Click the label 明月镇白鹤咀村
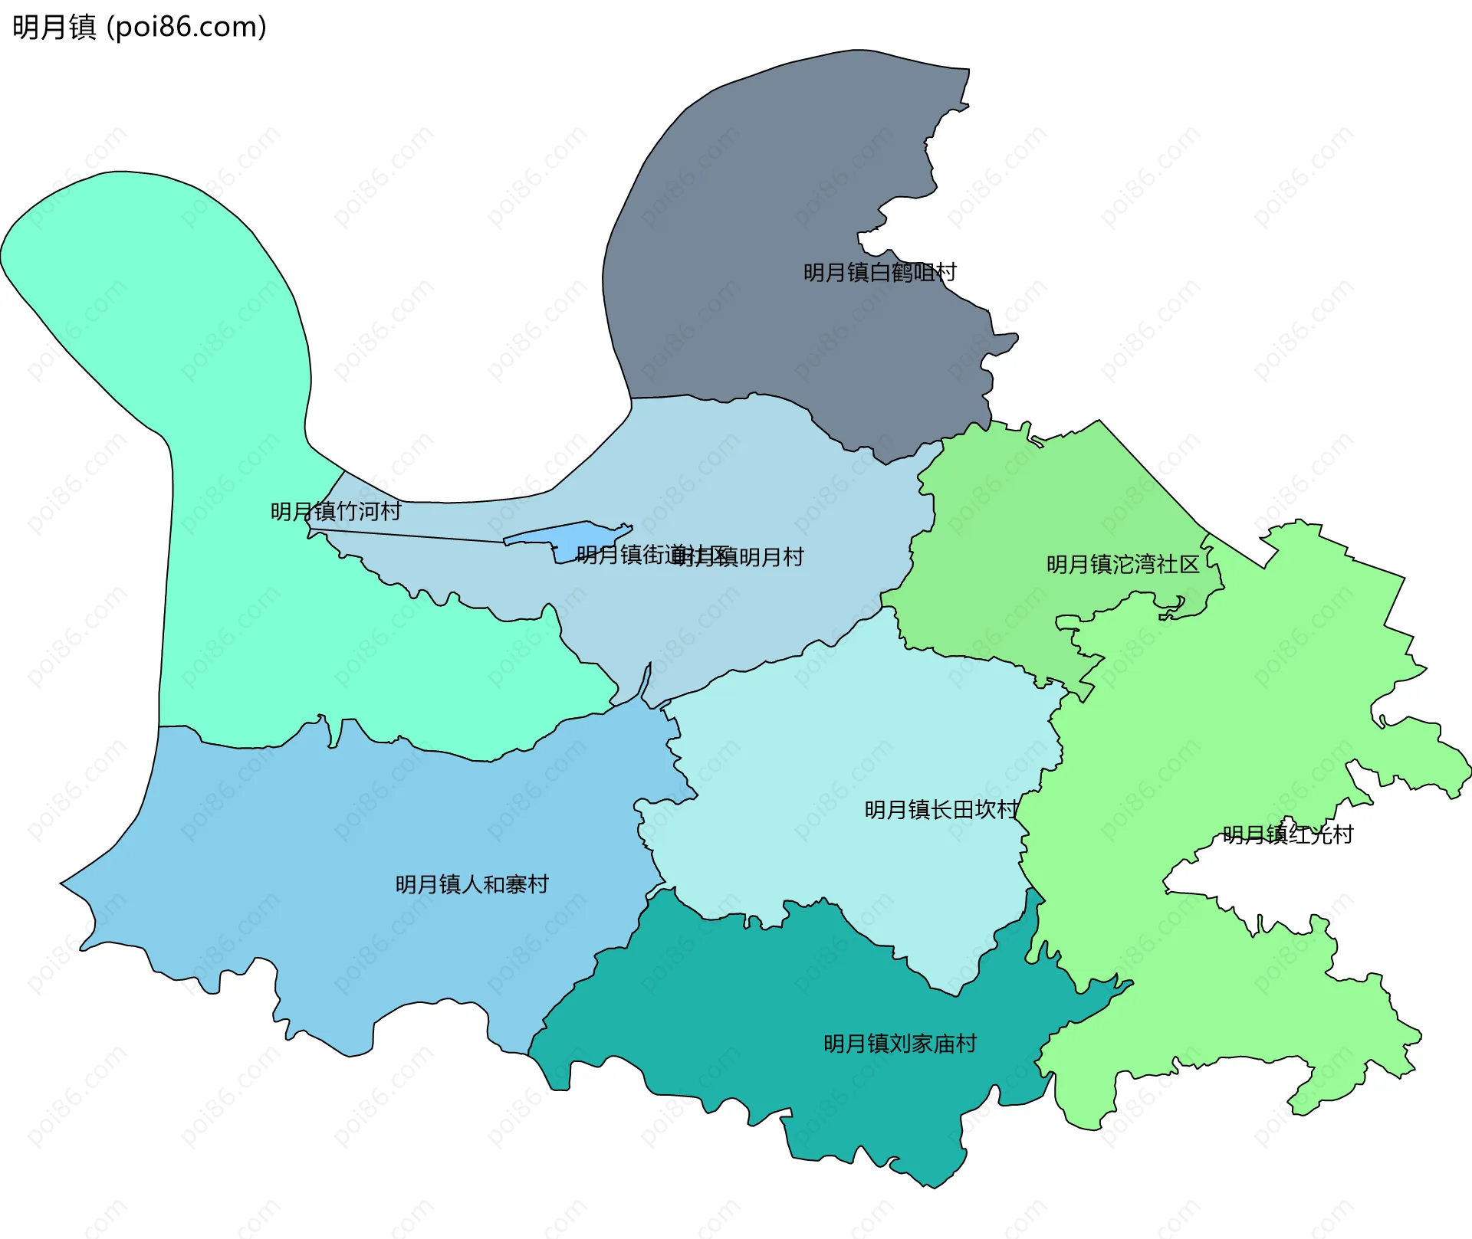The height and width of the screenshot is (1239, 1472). [x=879, y=273]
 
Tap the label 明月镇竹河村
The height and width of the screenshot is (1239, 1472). [x=336, y=512]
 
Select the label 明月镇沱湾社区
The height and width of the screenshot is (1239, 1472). [x=1122, y=565]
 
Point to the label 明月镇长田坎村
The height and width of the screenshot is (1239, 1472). [x=941, y=810]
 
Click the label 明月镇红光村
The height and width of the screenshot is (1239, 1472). [x=1288, y=834]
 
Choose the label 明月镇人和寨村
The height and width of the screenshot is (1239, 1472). [x=472, y=885]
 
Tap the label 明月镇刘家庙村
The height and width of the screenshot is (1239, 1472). [x=900, y=1044]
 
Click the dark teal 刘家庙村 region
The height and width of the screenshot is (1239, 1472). [x=767, y=1011]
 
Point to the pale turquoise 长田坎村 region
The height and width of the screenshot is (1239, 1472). [x=843, y=751]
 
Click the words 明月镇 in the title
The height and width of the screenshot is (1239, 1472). [x=54, y=28]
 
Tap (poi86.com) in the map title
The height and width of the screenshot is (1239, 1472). [x=186, y=28]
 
